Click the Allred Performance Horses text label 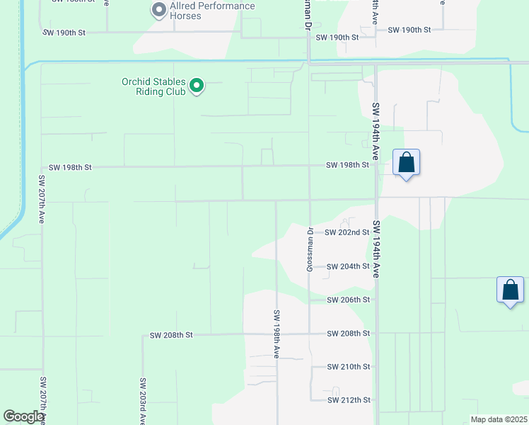pos(212,11)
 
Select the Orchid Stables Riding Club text pos(153,86)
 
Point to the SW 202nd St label pos(347,232)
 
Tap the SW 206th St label pos(349,300)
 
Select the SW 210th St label pos(349,367)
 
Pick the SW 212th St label pos(349,400)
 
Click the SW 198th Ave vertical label pos(277,334)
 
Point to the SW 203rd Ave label pos(143,401)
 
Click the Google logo pos(24,416)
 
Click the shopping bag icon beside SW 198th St pos(406,163)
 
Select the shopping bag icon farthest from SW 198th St pos(510,290)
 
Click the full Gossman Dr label pos(310,249)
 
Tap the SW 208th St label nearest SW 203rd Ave pos(171,334)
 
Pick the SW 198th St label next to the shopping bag pos(347,165)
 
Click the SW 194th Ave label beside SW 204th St pos(376,249)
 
